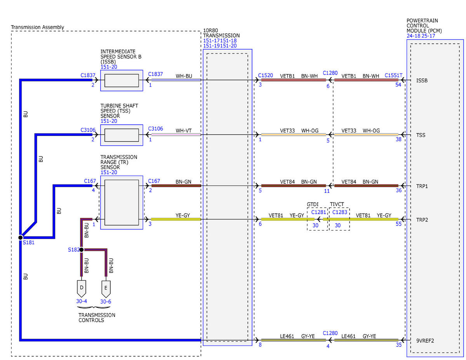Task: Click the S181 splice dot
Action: pos(21,238)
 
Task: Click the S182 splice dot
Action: pos(82,250)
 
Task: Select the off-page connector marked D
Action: pos(82,289)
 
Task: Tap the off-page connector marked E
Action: pos(106,289)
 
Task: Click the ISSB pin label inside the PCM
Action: pos(422,81)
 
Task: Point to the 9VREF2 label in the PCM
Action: pos(425,341)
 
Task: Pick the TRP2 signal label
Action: pos(422,220)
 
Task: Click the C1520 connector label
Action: pos(265,75)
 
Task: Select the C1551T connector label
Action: pos(393,75)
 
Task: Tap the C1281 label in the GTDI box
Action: pos(318,212)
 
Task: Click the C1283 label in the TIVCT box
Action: pos(339,212)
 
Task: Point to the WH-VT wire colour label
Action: pos(184,131)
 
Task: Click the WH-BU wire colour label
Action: pos(184,76)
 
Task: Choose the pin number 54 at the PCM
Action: pos(398,85)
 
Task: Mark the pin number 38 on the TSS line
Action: pos(398,139)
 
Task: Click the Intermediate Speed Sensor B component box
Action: pos(122,81)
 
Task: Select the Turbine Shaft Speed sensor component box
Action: pos(122,135)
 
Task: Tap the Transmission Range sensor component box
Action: pos(122,202)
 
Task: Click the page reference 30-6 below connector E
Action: pos(106,302)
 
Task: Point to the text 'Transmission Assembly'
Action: pos(38,27)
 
